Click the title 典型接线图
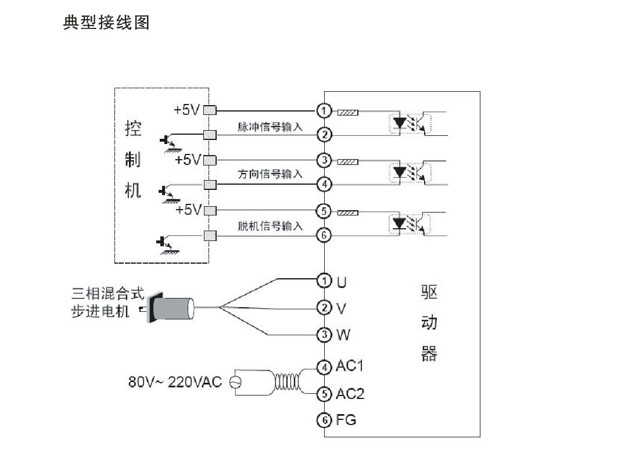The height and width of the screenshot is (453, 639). [106, 23]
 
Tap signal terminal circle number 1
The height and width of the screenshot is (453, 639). [324, 110]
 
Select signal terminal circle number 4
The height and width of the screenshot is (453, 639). [324, 185]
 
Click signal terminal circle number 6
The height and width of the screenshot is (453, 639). [324, 235]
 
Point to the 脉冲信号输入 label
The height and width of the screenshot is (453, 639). [270, 127]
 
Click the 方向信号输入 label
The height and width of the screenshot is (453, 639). [270, 174]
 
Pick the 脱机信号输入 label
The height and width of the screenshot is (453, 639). [270, 226]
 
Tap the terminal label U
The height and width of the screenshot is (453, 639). [342, 282]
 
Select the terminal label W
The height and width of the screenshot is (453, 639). [343, 335]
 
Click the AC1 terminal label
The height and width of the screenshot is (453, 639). [349, 366]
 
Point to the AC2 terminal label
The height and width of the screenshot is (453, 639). [350, 394]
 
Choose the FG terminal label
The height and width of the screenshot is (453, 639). [346, 419]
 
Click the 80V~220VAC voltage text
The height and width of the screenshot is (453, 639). [175, 382]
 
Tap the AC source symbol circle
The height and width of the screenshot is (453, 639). [235, 382]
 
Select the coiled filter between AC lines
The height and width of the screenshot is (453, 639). [287, 382]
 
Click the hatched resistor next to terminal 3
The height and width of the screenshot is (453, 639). [348, 162]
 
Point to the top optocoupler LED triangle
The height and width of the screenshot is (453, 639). [400, 122]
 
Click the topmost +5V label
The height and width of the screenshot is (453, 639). [187, 110]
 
